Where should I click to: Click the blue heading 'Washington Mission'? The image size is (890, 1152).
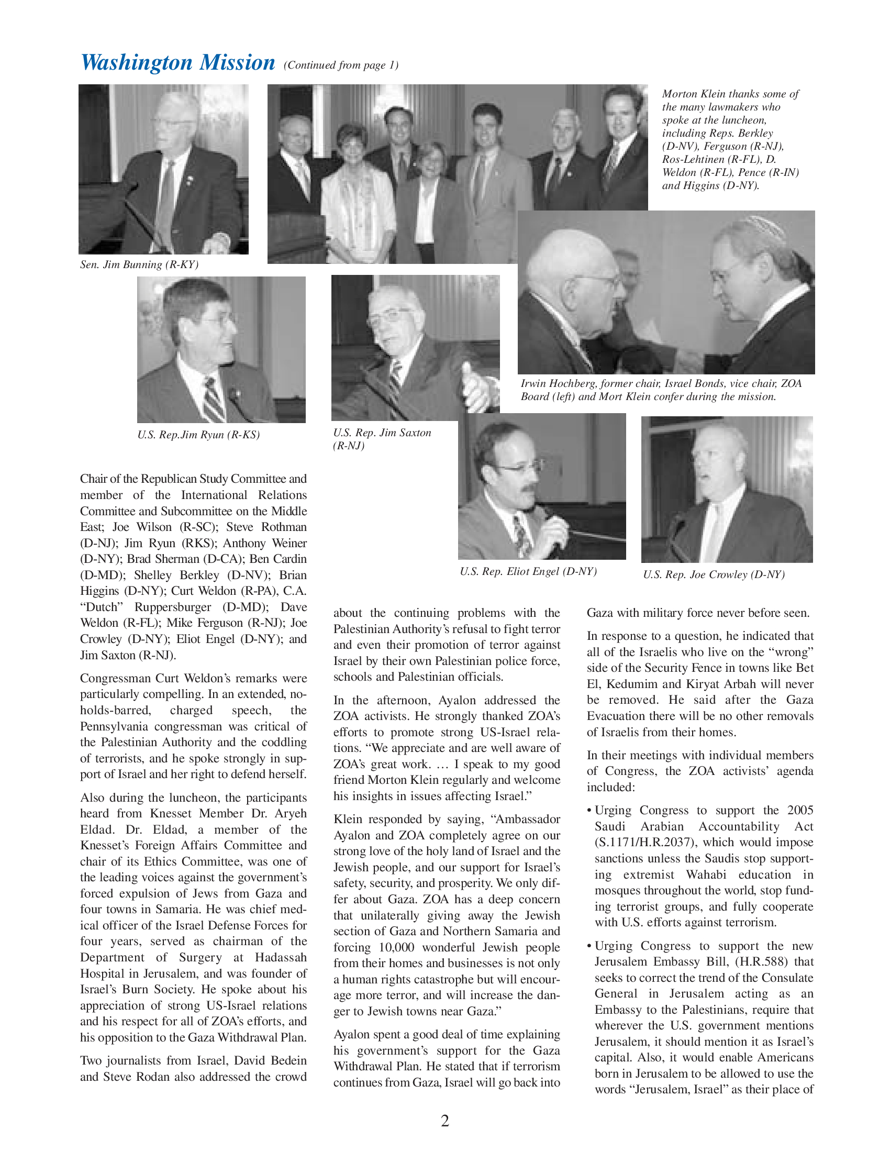177,63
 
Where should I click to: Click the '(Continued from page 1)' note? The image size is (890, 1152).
341,65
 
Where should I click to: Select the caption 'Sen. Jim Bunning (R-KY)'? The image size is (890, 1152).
139,265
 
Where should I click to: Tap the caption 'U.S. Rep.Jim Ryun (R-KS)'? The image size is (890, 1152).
198,435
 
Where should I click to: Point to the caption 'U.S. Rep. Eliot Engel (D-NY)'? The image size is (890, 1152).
528,572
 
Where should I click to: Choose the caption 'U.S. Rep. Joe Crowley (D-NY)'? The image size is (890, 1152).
714,575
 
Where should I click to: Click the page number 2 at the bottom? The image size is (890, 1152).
444,1121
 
